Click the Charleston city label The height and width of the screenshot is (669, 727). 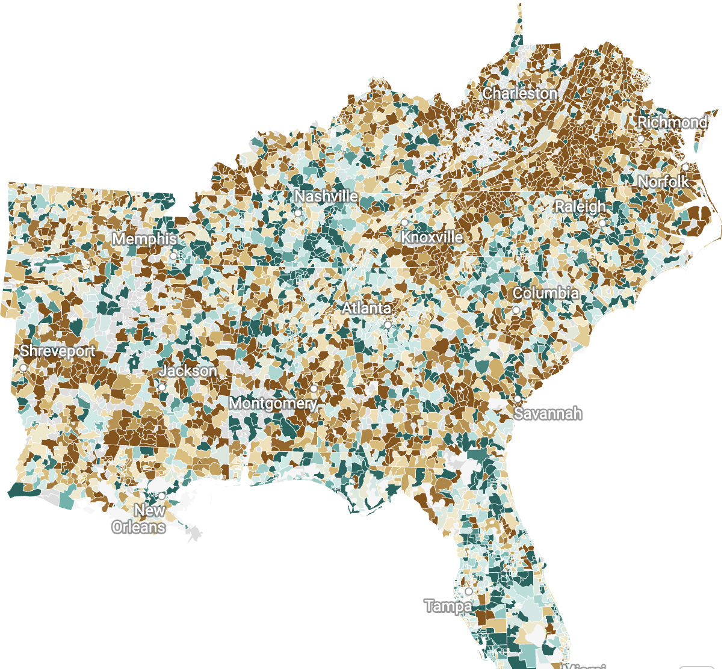520,93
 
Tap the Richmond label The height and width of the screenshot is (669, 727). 672,122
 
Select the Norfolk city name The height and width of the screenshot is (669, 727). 663,181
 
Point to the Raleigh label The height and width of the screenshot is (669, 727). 580,206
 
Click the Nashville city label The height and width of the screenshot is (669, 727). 326,196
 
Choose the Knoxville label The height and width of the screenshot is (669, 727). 432,237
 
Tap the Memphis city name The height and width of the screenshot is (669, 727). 144,239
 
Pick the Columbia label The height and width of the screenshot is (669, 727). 546,293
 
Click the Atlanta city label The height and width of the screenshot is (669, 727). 367,308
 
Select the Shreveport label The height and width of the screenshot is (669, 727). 58,351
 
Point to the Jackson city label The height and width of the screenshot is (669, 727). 188,371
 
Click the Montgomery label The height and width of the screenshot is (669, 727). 274,402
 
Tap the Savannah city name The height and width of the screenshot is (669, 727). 548,413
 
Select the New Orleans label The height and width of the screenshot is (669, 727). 140,519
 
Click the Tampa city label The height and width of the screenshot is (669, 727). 448,606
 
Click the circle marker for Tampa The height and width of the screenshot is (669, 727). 469,591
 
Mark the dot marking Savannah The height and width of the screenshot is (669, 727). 518,399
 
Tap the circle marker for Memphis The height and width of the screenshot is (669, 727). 173,256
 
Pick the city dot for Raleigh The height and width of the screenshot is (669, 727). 602,223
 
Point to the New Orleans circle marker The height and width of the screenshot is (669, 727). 161,496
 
